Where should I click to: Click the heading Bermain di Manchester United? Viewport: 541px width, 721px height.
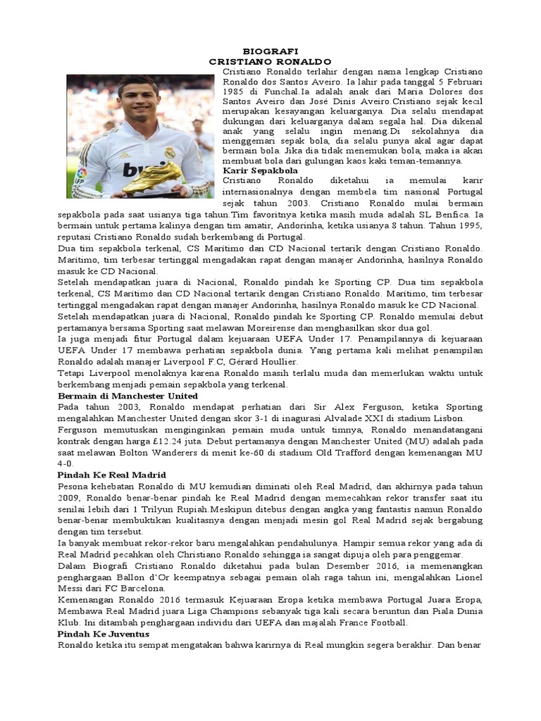click(x=128, y=396)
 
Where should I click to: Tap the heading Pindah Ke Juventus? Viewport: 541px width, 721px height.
click(x=103, y=634)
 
